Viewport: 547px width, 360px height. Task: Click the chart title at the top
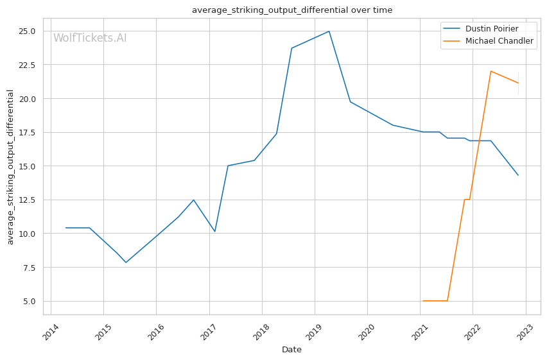292,10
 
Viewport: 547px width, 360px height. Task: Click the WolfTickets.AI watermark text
90,38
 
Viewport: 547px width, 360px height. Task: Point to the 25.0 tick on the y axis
27,31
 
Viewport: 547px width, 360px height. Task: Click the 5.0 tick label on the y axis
30,301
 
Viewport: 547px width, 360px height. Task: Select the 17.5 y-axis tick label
27,133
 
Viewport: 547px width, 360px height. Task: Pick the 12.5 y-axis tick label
27,200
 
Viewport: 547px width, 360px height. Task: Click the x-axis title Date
291,350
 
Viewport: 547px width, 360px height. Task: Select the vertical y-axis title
10,167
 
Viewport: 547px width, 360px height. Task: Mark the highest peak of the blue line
329,31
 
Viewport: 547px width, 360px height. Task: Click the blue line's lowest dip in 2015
126,262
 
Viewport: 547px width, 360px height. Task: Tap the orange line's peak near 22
491,71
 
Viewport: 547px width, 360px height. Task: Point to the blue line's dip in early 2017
215,231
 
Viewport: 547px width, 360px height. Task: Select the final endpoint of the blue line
518,175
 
